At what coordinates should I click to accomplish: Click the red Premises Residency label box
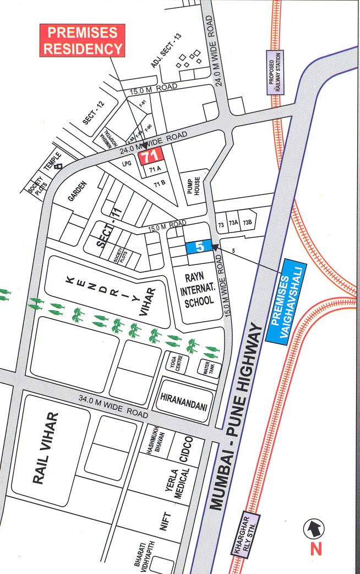[x=82, y=40]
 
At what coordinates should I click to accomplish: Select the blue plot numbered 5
[x=199, y=247]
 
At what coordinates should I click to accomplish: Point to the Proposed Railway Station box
[x=275, y=72]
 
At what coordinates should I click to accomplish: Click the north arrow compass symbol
[x=314, y=529]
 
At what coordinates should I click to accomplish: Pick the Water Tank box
[x=209, y=368]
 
